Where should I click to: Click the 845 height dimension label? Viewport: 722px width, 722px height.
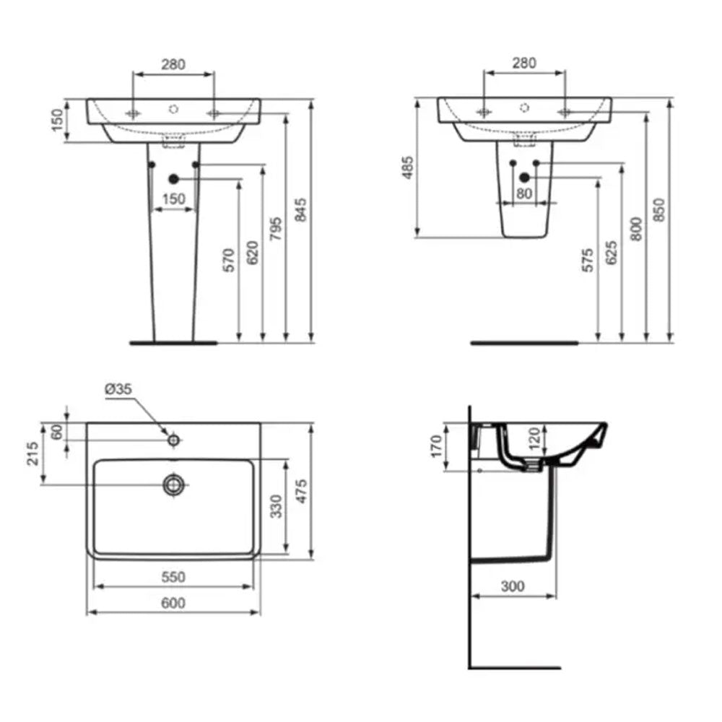pos(303,209)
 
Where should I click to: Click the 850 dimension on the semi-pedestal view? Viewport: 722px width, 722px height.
pos(658,209)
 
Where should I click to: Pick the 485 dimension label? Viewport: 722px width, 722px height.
pos(408,168)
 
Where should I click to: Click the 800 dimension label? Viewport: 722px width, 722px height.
pos(635,229)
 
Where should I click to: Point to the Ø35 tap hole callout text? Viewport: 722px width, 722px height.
pos(118,389)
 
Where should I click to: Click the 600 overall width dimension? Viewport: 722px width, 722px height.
pos(173,604)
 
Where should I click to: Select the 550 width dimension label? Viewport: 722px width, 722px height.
pos(173,577)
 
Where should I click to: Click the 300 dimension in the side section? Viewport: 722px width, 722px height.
pos(513,586)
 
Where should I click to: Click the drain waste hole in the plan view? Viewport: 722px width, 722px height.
pos(173,485)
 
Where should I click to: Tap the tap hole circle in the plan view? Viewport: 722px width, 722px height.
pos(173,439)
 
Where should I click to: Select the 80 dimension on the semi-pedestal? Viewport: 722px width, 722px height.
pos(525,193)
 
